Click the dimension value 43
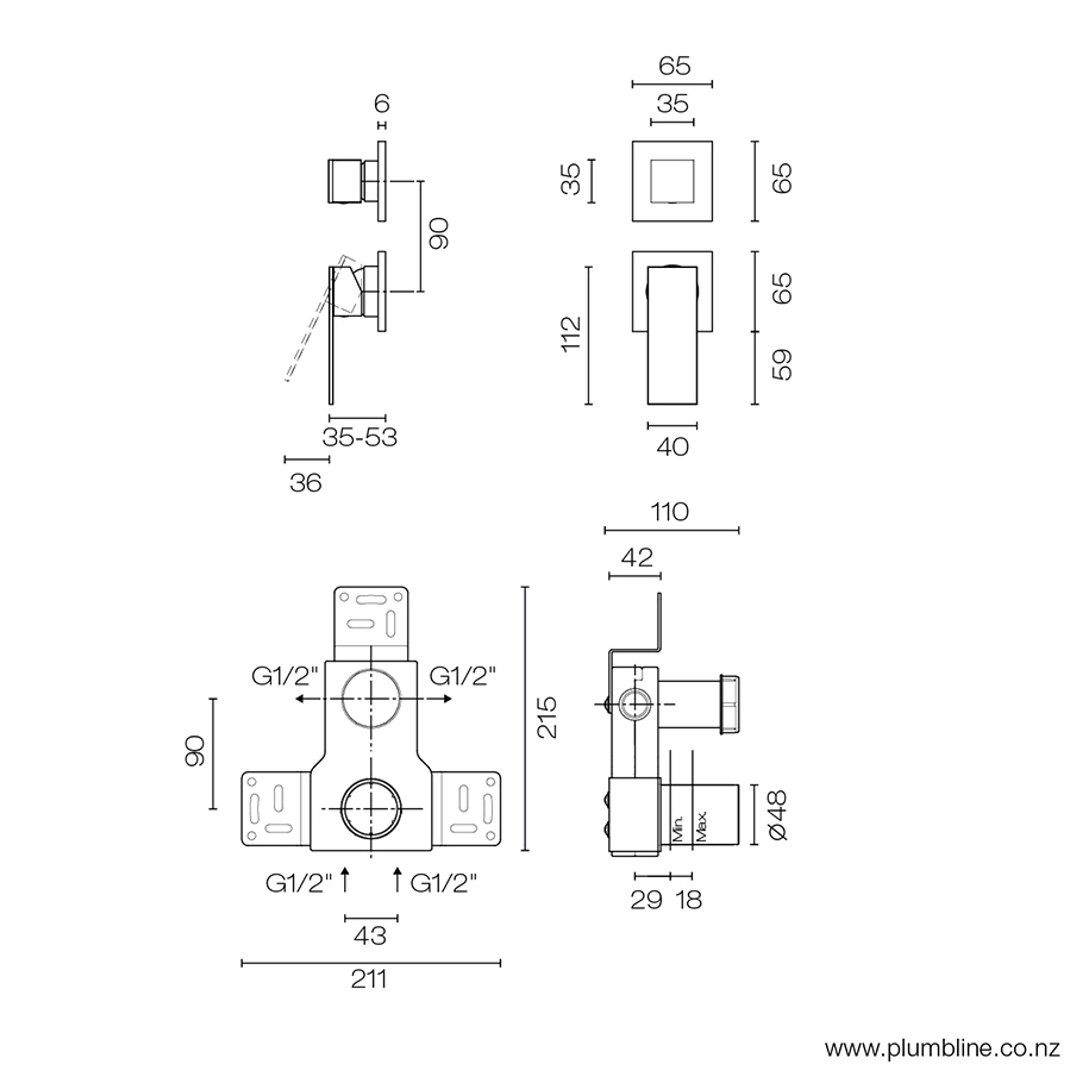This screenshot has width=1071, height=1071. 370,936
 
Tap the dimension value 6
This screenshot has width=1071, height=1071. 382,104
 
